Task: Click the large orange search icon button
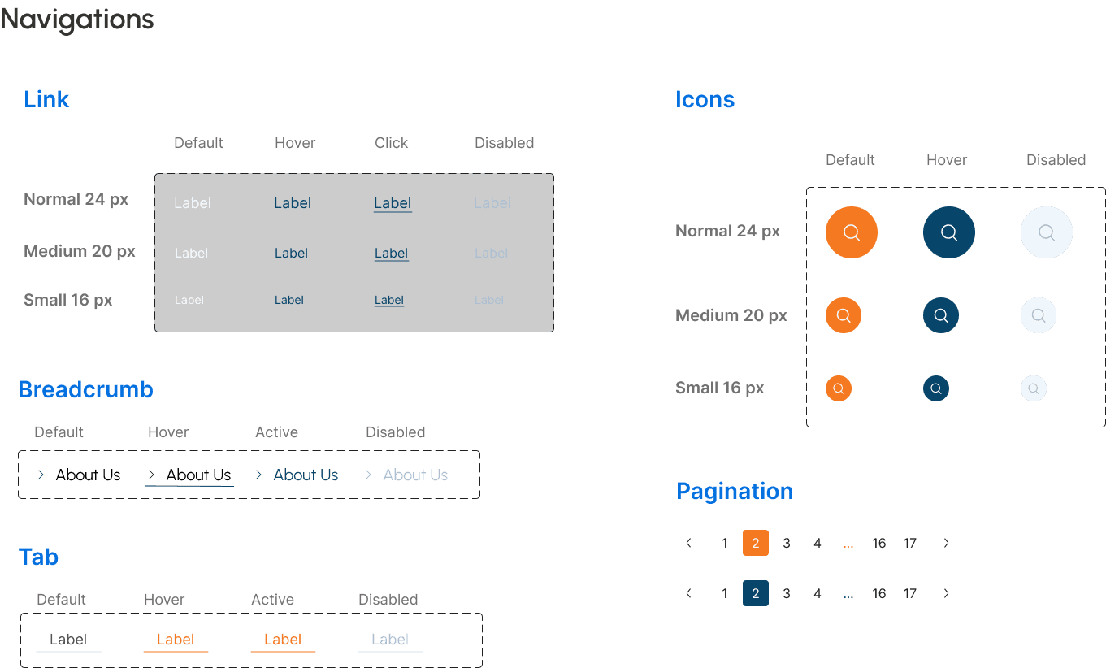point(852,232)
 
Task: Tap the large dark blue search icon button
point(949,232)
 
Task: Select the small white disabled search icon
point(1034,388)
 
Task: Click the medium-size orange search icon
point(844,315)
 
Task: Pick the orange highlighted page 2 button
point(756,543)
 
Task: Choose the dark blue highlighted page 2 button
point(756,593)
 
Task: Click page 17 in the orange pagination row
point(909,543)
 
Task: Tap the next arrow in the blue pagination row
point(946,593)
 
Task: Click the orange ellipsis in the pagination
point(848,544)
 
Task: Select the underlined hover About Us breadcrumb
point(198,475)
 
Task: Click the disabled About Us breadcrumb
point(415,475)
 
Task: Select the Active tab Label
point(283,640)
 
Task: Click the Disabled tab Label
point(390,640)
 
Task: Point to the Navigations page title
point(77,20)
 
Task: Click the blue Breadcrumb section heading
point(85,389)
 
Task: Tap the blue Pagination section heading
point(735,491)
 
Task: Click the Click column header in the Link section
point(391,143)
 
